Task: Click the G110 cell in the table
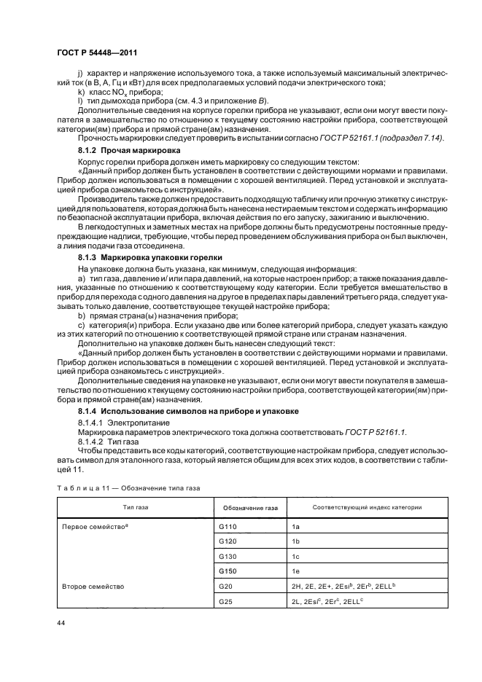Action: pos(228,525)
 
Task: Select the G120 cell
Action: pos(228,541)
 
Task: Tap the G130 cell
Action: pos(228,556)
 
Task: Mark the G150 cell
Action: pos(228,571)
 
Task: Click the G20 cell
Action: pos(226,587)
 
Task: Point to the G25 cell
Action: pos(226,602)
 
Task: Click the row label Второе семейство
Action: pos(93,587)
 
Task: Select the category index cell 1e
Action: pos(295,571)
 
